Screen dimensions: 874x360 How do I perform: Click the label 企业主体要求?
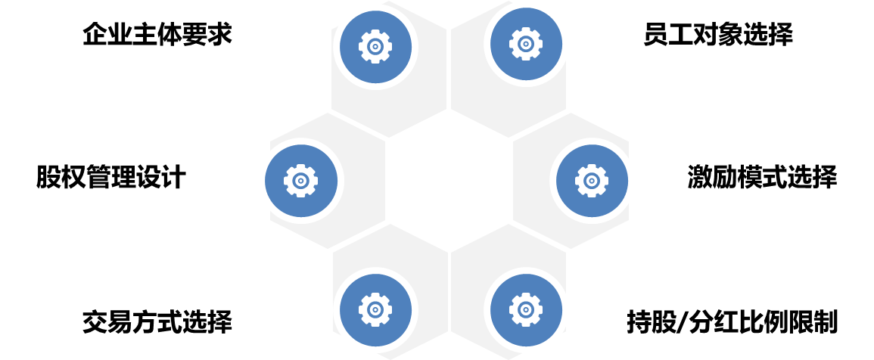[x=157, y=35]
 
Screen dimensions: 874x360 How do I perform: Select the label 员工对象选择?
[x=718, y=35]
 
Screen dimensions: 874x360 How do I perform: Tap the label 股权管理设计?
[x=111, y=178]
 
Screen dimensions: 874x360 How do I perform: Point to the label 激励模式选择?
[x=762, y=178]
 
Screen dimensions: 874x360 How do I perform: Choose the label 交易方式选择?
[x=157, y=322]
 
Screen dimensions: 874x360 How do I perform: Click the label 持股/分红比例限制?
[x=732, y=322]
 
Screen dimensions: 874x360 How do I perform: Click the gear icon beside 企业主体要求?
[x=375, y=46]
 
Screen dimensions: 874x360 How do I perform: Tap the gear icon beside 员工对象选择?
[x=526, y=45]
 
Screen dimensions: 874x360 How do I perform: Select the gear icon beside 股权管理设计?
[x=301, y=181]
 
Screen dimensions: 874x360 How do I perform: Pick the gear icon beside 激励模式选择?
[x=592, y=181]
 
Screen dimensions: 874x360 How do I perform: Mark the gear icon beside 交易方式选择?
[x=375, y=310]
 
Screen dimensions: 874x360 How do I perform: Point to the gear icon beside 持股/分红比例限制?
[x=526, y=310]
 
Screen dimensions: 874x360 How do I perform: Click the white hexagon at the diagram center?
[x=449, y=181]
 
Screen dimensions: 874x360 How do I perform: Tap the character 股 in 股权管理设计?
[x=48, y=178]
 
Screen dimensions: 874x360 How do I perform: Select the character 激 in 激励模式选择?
[x=699, y=178]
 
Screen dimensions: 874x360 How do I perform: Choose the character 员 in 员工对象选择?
[x=655, y=35]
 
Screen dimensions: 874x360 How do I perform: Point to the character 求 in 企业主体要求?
[x=219, y=35]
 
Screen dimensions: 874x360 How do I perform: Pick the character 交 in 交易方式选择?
[x=95, y=322]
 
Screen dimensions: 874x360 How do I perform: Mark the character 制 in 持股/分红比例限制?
[x=826, y=322]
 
